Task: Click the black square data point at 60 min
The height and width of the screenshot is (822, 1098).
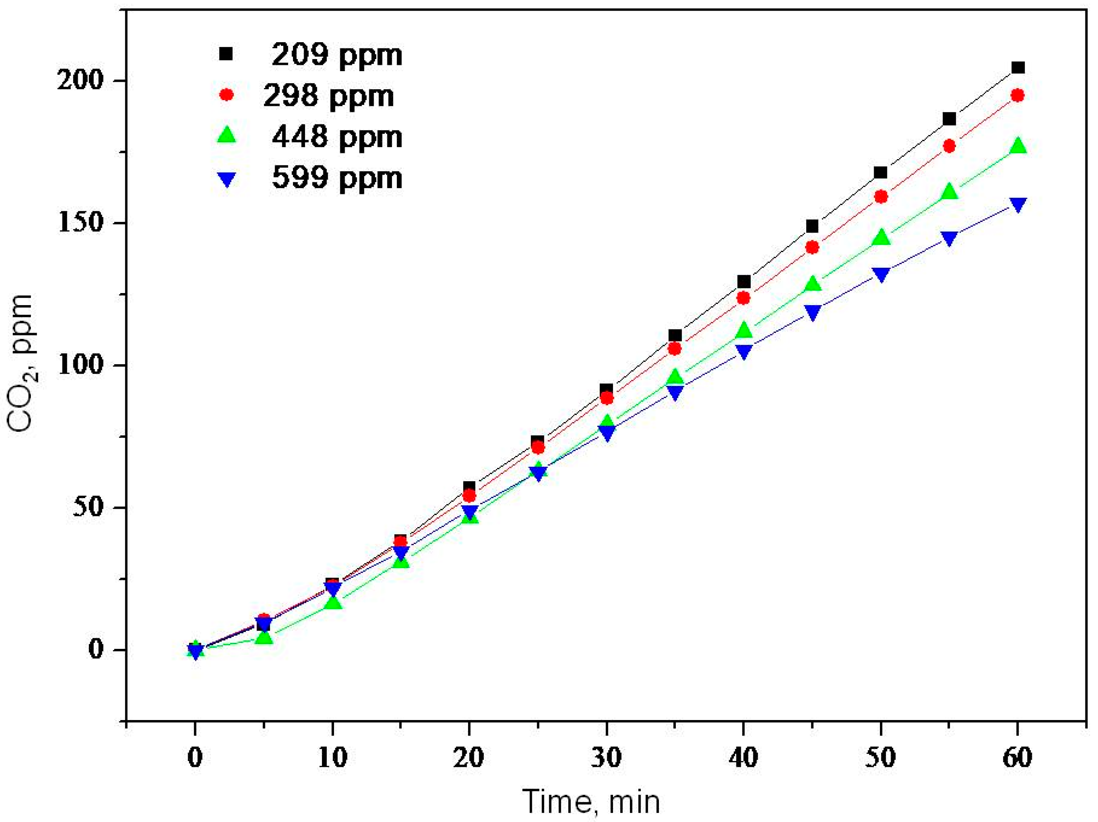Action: [1018, 67]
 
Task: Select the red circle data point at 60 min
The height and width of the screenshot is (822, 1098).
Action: [1018, 95]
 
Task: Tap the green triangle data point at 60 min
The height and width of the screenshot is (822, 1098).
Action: [1018, 145]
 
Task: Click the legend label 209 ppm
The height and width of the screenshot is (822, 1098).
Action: [337, 55]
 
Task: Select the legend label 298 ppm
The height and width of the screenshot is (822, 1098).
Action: [328, 96]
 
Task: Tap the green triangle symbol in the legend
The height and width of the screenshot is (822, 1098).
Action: [227, 135]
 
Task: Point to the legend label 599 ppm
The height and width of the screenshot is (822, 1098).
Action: [337, 178]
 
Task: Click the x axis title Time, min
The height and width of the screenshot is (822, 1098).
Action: [591, 802]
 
